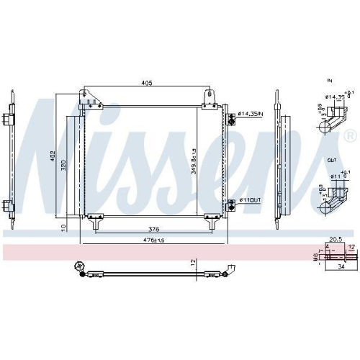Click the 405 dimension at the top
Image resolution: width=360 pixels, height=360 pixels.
pos(147,84)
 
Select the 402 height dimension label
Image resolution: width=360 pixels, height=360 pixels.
pos(52,156)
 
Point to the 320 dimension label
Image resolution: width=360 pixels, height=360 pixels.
pos(64,165)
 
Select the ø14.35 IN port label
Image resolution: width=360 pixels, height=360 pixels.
pos(250,114)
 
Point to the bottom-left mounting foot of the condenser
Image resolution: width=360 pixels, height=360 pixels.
pos(93,220)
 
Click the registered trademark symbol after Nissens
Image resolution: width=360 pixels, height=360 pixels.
pos(349,136)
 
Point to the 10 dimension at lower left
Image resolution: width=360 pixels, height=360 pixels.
pos(64,227)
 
